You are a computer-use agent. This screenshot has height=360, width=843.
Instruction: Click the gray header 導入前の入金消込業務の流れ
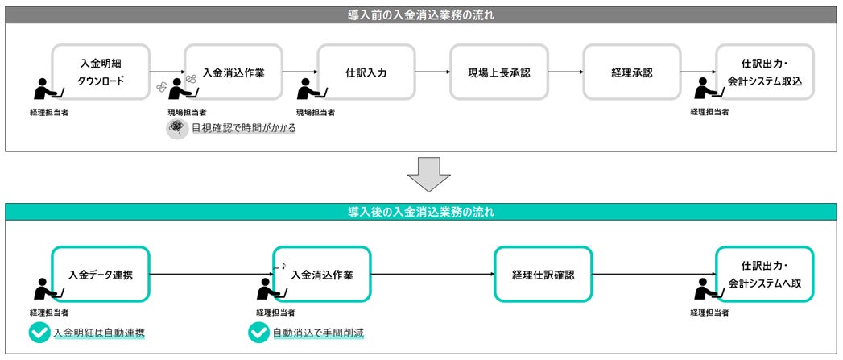pyautogui.click(x=422, y=14)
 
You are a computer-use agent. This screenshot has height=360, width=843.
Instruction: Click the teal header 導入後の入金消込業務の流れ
pyautogui.click(x=422, y=213)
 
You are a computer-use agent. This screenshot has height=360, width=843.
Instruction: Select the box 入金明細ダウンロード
pyautogui.click(x=101, y=72)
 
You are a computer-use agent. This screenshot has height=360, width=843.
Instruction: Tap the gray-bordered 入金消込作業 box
pyautogui.click(x=233, y=72)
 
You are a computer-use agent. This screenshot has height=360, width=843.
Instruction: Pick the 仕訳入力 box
pyautogui.click(x=366, y=72)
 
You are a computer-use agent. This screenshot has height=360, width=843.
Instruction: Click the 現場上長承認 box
pyautogui.click(x=499, y=72)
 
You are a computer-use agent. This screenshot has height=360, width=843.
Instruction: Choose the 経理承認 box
pyautogui.click(x=632, y=72)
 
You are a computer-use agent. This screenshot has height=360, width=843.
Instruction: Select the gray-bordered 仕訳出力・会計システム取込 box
pyautogui.click(x=765, y=72)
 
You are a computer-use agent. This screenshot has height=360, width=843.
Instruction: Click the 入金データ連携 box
pyautogui.click(x=101, y=275)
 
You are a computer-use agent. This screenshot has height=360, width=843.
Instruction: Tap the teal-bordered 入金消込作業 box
pyautogui.click(x=322, y=275)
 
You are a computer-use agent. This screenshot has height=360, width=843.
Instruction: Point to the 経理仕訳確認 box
pyautogui.click(x=543, y=275)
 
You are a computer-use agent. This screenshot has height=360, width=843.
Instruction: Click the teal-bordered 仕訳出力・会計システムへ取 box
pyautogui.click(x=765, y=275)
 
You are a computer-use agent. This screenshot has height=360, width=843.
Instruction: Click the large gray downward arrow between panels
pyautogui.click(x=422, y=174)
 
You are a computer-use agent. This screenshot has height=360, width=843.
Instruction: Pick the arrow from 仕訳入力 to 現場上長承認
pyautogui.click(x=432, y=72)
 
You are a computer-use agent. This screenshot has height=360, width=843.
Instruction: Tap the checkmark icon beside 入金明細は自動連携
pyautogui.click(x=38, y=333)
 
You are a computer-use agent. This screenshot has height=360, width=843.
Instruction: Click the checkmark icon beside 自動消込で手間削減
pyautogui.click(x=258, y=333)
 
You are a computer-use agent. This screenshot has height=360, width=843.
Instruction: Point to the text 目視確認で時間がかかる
pyautogui.click(x=243, y=128)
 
